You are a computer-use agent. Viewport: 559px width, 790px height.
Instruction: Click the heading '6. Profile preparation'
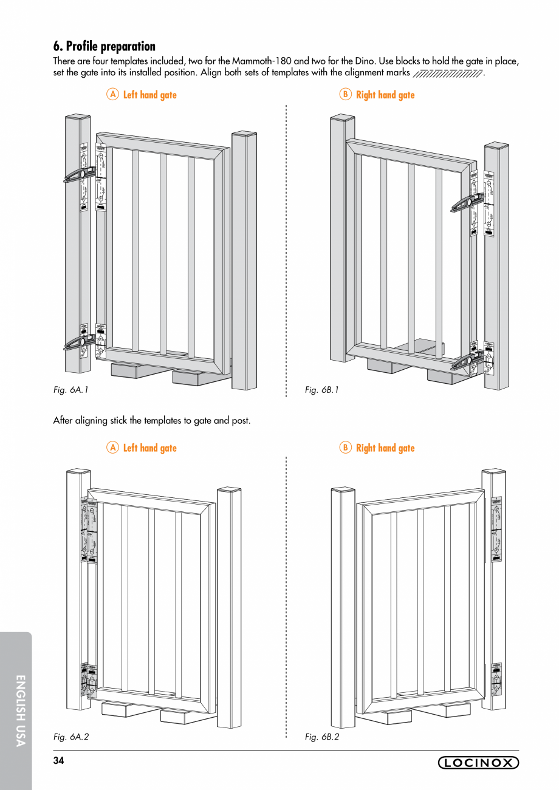click(x=104, y=46)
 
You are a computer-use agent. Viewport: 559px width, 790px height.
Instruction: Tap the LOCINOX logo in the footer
click(x=478, y=763)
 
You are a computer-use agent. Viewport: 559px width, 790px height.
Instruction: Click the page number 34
click(x=58, y=761)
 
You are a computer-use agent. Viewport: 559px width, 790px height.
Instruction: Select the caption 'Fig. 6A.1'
click(x=71, y=390)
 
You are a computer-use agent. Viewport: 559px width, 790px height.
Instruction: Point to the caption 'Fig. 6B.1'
click(x=321, y=390)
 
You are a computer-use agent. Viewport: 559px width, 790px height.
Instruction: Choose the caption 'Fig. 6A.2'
click(x=71, y=737)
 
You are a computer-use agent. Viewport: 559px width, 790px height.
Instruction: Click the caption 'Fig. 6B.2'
click(x=321, y=737)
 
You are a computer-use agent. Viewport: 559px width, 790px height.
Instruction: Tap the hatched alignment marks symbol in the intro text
click(x=447, y=74)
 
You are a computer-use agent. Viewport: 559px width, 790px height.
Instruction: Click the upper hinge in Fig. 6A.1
click(x=81, y=174)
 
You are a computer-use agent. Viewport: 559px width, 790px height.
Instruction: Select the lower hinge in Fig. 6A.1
click(x=81, y=343)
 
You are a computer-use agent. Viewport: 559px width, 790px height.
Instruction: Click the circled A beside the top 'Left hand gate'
click(x=112, y=95)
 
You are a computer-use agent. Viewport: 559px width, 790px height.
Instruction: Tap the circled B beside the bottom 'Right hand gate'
click(x=345, y=448)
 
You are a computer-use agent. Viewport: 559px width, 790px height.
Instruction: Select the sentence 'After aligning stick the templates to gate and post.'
click(x=151, y=420)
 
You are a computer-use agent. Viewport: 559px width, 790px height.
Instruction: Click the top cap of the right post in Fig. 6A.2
click(x=229, y=489)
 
